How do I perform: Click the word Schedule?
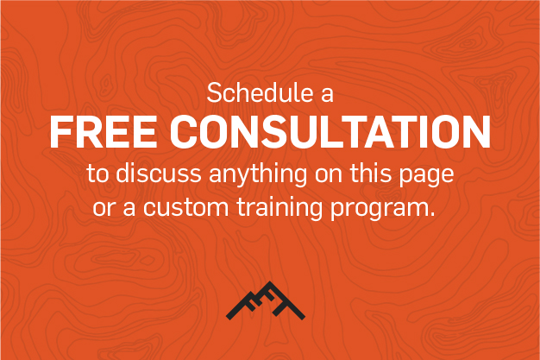pos(260,92)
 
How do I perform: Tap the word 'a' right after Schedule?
pos(327,94)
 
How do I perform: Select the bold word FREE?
pos(104,132)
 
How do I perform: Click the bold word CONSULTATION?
pos(330,132)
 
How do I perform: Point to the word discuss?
pos(159,173)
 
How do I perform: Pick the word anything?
pos(258,174)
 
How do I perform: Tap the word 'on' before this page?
pos(329,174)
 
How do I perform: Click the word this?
pos(371,173)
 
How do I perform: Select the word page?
pos(426,177)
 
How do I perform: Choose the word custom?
pos(186,207)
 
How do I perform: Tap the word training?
pos(279,208)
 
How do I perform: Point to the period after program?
pos(432,214)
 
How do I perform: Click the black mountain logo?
pos(266,300)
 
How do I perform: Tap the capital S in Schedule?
pos(214,92)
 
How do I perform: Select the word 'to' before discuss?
pos(97,174)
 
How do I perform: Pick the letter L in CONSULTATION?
pos(343,132)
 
